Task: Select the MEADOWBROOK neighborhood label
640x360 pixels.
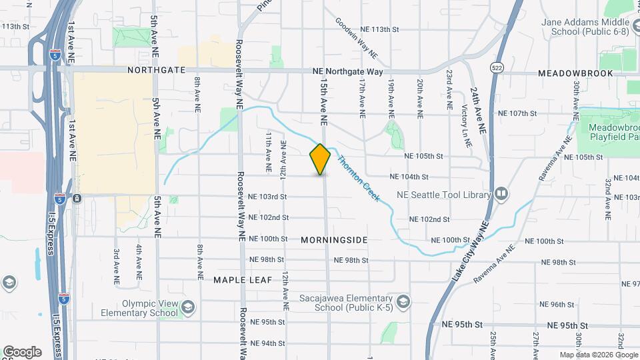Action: pyautogui.click(x=575, y=73)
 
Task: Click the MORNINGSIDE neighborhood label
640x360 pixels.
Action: pyautogui.click(x=334, y=239)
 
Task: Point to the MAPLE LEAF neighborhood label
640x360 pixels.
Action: pyautogui.click(x=243, y=280)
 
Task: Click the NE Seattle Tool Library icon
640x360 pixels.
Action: pyautogui.click(x=501, y=195)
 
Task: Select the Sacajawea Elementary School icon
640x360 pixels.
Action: pyautogui.click(x=403, y=303)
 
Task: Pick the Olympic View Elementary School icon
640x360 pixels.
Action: pyautogui.click(x=188, y=307)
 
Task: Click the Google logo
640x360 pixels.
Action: pyautogui.click(x=22, y=351)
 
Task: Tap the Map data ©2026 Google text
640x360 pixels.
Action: pyautogui.click(x=598, y=355)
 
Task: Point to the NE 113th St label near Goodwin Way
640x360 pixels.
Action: pyautogui.click(x=379, y=30)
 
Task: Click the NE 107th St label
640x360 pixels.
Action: pyautogui.click(x=518, y=114)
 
